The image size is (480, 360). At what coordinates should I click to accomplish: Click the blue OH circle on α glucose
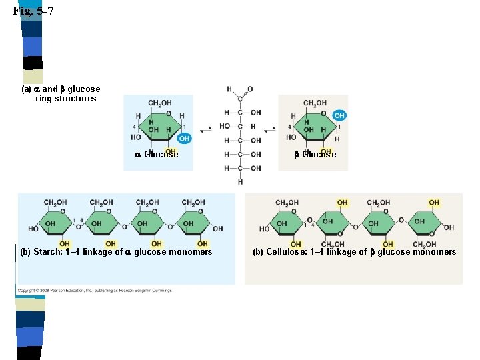tap(184, 139)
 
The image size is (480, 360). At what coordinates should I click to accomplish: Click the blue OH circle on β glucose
tap(339, 115)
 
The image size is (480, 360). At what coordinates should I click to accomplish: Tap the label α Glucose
tap(157, 155)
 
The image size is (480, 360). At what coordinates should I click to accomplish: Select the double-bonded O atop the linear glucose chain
tap(250, 89)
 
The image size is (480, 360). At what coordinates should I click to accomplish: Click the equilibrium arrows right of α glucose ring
tap(205, 128)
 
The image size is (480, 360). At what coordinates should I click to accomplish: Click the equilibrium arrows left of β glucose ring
tap(269, 128)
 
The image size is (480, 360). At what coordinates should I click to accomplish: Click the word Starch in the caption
tap(47, 252)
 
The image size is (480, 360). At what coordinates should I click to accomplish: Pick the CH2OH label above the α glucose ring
tap(159, 103)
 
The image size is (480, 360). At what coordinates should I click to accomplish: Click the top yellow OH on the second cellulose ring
tap(342, 203)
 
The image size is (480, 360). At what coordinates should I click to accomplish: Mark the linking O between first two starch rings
tap(78, 227)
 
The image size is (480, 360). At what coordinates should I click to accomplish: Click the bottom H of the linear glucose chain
tap(240, 181)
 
